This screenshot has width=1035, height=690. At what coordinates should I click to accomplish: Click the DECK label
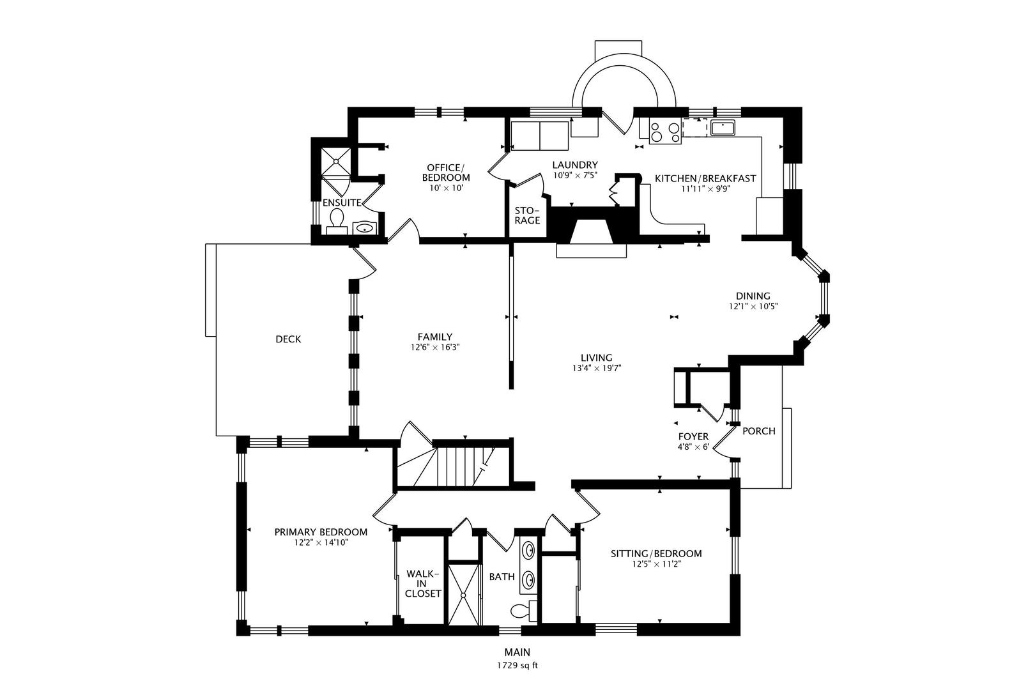288,339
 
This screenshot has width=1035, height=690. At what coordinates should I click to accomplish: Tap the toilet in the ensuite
335,221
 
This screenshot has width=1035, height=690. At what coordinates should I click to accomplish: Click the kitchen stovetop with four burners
664,131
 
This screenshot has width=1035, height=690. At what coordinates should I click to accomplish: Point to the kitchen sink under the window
723,128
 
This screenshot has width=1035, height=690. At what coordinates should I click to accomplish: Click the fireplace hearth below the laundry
592,250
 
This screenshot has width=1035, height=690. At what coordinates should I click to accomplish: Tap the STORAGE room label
528,215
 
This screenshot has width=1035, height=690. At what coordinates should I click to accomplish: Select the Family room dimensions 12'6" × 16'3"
435,348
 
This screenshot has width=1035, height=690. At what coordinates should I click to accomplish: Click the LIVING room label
597,358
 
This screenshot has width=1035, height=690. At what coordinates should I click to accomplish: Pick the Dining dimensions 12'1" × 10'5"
753,306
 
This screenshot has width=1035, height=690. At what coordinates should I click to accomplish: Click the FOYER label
693,436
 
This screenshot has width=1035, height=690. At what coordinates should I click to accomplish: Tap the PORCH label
759,431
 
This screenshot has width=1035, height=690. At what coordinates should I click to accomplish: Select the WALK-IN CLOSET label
423,583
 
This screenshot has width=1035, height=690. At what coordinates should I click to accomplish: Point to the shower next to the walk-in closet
464,594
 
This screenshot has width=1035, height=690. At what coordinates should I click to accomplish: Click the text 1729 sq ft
517,665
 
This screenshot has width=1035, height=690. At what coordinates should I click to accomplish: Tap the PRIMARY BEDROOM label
321,532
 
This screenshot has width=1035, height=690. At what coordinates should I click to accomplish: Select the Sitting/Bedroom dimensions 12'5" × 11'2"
656,564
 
